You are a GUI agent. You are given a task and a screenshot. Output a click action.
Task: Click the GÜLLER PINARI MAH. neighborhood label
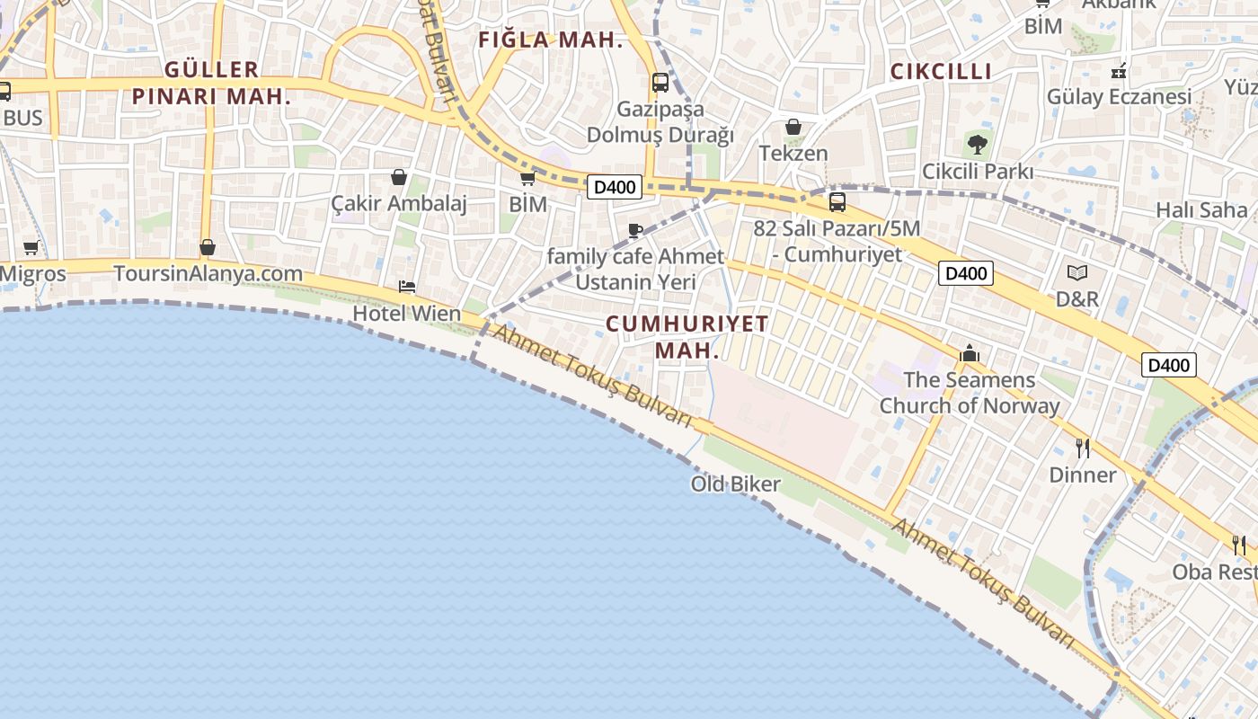click(x=212, y=83)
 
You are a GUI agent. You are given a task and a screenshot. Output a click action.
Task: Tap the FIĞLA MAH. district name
click(x=551, y=40)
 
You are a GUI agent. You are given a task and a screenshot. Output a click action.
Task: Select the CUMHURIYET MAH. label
click(x=687, y=337)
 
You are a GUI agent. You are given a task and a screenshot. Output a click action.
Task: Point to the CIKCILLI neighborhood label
click(x=941, y=72)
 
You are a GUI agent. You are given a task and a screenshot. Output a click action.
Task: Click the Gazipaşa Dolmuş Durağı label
click(x=660, y=122)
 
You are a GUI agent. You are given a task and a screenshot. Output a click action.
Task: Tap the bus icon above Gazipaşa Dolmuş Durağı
click(x=660, y=83)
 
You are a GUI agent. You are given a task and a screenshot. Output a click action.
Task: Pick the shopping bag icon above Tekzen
click(x=793, y=127)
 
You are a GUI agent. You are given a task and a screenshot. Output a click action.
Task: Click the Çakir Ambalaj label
click(x=399, y=204)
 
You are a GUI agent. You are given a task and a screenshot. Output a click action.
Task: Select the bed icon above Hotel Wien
click(x=407, y=288)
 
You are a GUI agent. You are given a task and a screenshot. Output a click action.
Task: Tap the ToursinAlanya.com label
click(x=208, y=273)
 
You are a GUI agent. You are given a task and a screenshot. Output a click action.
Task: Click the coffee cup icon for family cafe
click(x=635, y=231)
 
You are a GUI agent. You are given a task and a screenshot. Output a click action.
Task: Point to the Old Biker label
click(x=736, y=484)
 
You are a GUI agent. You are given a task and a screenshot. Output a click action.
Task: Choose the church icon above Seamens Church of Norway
click(x=969, y=354)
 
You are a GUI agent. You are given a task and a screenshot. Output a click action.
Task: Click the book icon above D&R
click(x=1077, y=272)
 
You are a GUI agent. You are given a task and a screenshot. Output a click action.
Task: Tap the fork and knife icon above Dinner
click(x=1083, y=448)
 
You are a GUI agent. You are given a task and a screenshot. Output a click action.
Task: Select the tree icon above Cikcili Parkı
click(x=978, y=144)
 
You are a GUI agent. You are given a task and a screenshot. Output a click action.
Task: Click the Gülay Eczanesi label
click(x=1119, y=96)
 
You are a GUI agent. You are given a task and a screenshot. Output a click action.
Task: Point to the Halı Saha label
click(x=1201, y=210)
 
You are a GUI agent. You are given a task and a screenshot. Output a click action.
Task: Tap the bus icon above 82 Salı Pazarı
click(x=837, y=202)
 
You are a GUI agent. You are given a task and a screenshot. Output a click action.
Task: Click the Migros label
click(x=33, y=274)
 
